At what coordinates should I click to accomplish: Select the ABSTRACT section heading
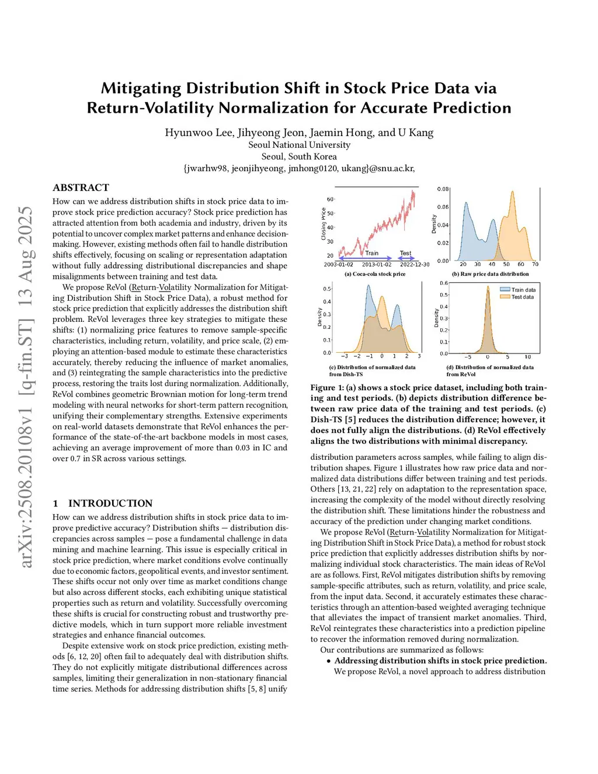coord(81,188)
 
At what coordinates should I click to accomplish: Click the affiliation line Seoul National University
coord(299,145)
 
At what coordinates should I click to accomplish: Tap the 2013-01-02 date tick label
coord(377,265)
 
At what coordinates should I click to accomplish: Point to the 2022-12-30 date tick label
coord(415,265)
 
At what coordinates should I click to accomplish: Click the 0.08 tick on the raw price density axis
coord(443,189)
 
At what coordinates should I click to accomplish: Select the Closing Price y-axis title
coord(324,224)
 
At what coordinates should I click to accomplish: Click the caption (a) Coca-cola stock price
coord(374,274)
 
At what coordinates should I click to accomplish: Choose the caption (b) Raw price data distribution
coord(490,274)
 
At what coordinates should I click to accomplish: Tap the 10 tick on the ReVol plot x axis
coord(527,357)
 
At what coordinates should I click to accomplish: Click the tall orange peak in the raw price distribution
coord(513,196)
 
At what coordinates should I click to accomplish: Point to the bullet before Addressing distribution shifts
coord(329,661)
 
